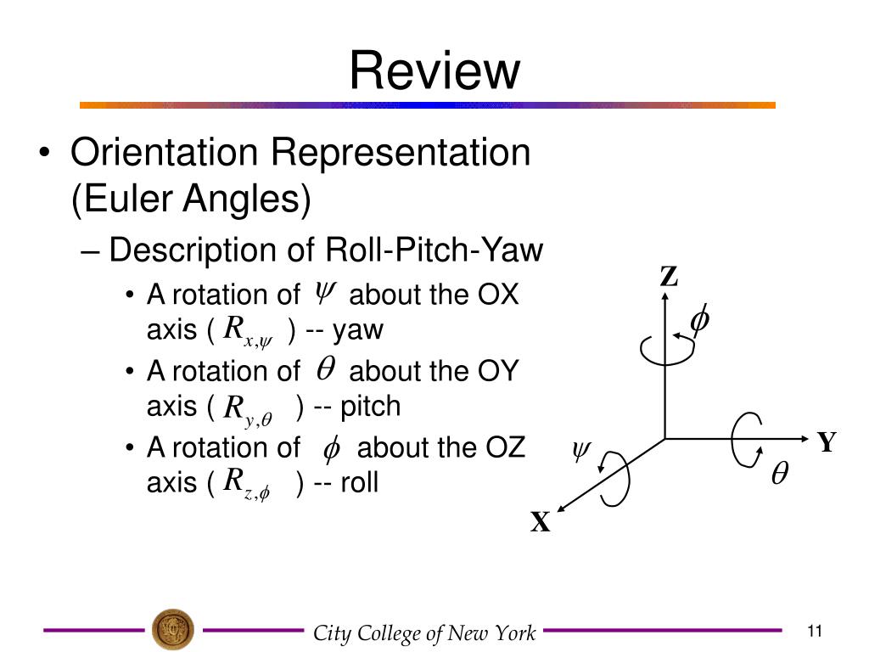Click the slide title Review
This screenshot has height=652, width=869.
coord(434,70)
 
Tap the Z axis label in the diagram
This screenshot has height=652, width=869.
coord(670,277)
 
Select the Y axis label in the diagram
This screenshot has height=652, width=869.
coord(827,442)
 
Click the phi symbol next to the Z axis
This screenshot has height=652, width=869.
coord(700,322)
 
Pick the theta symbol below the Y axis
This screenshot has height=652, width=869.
coord(778,475)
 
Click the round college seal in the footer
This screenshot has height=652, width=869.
coord(172,630)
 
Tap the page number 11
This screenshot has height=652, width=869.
coord(815,631)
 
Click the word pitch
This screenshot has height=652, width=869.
coord(369,407)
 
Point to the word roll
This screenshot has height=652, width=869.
coord(359,482)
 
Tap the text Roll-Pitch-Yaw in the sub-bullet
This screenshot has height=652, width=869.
coord(434,250)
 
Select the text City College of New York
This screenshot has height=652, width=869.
coord(424,633)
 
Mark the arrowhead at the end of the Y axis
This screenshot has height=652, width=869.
coord(805,438)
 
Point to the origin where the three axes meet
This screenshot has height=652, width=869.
coord(664,438)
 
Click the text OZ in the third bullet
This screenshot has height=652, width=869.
coord(506,447)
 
